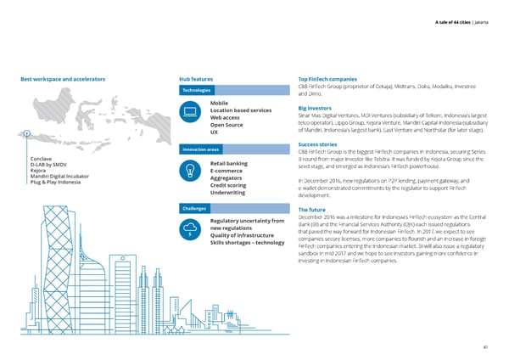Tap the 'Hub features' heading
(x=202, y=79)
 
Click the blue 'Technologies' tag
(x=201, y=91)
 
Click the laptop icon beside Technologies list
(x=191, y=111)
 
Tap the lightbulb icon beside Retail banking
(x=191, y=171)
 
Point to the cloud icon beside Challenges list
(x=191, y=228)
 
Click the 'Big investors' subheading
(x=315, y=109)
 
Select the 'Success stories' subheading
(x=320, y=144)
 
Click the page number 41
(x=484, y=346)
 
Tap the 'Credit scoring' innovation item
(x=228, y=185)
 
